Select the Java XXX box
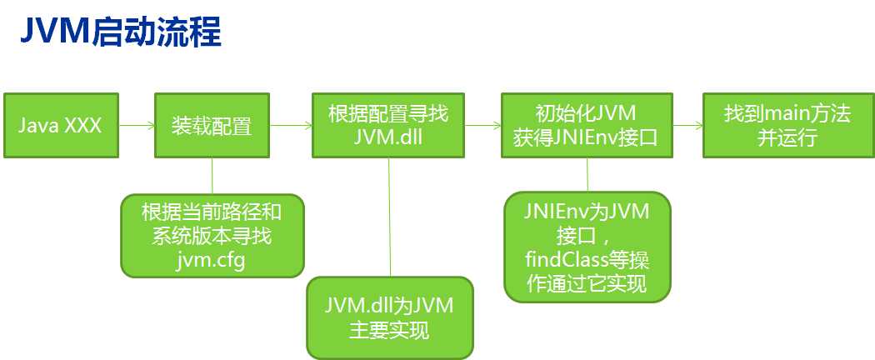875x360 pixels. point(62,126)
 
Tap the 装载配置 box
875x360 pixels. point(212,126)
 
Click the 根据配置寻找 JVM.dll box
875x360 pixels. point(388,126)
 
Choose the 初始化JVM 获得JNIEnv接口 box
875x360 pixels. point(587,126)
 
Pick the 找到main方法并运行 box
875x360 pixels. point(787,126)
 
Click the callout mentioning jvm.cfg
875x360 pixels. point(212,237)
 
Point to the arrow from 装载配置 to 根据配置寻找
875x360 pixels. point(291,126)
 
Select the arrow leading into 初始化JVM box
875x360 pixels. point(483,126)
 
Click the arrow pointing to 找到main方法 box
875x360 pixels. point(687,126)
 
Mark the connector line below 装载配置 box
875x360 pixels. point(212,176)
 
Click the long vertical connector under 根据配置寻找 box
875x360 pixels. point(389,217)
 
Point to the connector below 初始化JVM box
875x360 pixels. point(587,176)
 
